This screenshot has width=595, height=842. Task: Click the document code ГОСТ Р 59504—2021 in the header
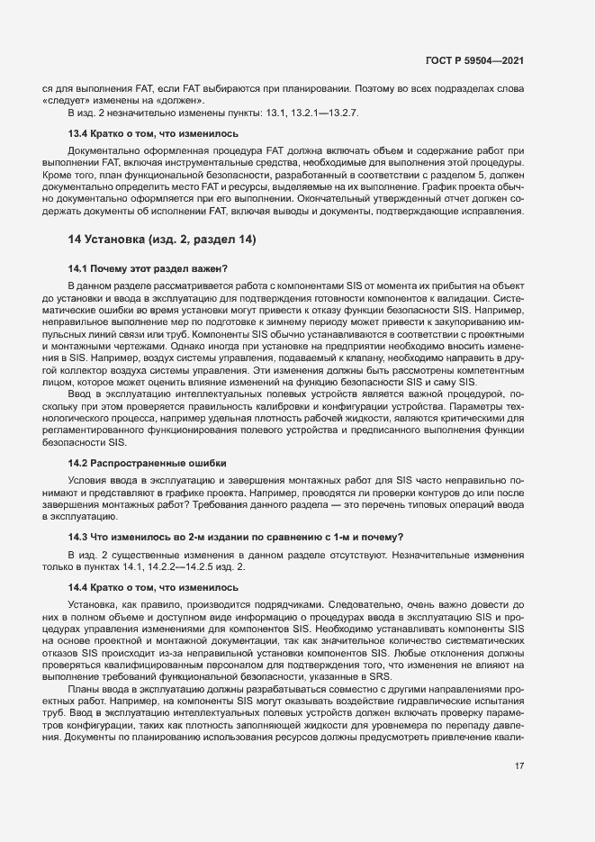click(x=474, y=60)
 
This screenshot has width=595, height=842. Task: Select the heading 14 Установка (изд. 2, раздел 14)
click(x=162, y=240)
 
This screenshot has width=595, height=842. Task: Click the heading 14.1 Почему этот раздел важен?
click(x=148, y=268)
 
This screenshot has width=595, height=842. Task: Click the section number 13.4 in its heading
click(x=78, y=133)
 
